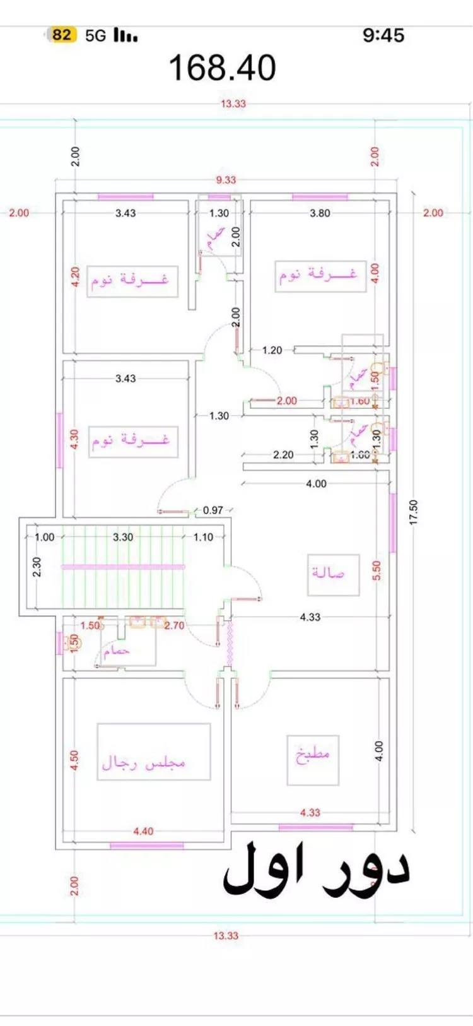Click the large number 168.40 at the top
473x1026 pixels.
click(222, 68)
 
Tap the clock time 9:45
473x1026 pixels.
click(383, 35)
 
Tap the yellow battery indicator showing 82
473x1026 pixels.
click(61, 35)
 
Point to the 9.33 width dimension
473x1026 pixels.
click(226, 180)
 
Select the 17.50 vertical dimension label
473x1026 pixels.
click(414, 512)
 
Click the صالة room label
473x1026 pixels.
click(329, 573)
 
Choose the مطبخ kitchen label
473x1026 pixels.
click(313, 754)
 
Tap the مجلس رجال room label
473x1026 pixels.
click(144, 762)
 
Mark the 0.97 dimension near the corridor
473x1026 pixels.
click(213, 510)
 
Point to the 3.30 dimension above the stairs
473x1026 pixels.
click(123, 537)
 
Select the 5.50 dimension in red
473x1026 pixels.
click(377, 571)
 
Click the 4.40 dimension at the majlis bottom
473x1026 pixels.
click(143, 831)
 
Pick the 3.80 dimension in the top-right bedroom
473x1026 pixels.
click(320, 213)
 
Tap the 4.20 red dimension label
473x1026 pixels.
click(75, 277)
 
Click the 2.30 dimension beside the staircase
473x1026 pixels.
click(37, 566)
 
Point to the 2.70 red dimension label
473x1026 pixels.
click(174, 625)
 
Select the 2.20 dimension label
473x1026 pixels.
click(283, 454)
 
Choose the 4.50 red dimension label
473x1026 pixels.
click(74, 760)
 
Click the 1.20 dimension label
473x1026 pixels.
click(272, 350)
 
